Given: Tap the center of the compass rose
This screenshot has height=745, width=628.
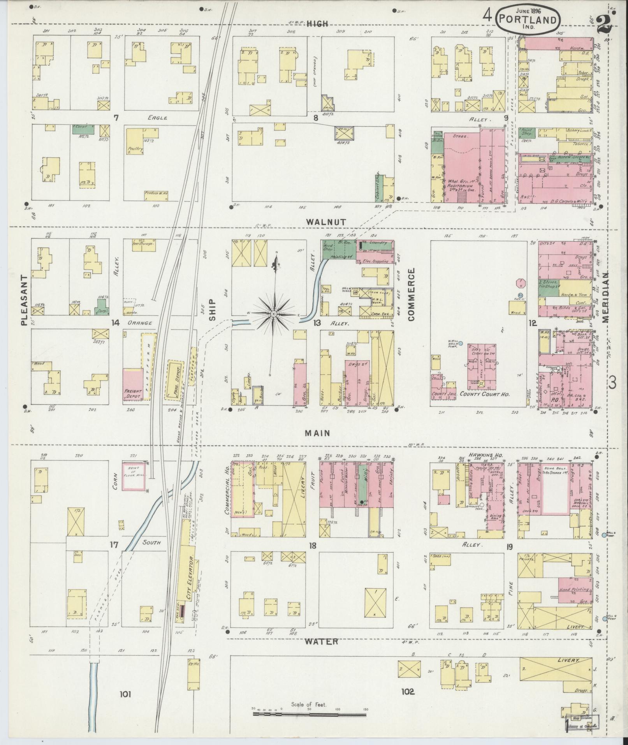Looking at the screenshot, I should click(x=274, y=314).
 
